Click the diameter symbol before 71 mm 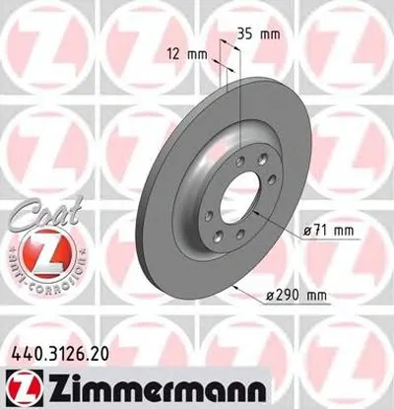[x=307, y=231]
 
